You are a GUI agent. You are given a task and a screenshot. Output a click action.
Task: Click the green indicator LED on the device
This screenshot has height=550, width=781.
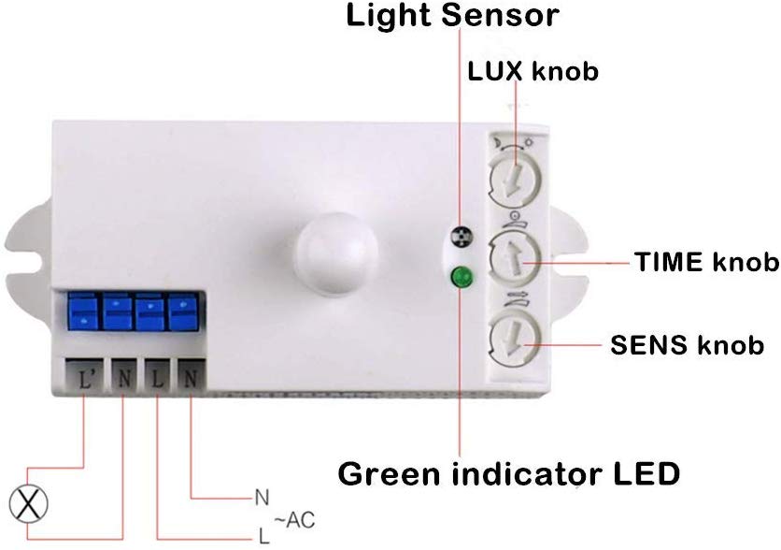[x=461, y=277]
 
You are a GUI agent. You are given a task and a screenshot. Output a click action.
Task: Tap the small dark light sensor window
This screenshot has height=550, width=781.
[x=461, y=237]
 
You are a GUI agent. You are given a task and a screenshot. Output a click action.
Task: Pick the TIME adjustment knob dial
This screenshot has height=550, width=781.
[x=515, y=258]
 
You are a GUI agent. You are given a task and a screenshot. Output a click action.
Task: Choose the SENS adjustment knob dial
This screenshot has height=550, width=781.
[x=515, y=341]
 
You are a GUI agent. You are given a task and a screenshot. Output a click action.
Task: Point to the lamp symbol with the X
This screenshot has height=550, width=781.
[x=28, y=503]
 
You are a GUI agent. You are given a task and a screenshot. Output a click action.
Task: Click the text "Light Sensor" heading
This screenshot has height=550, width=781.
[x=452, y=15]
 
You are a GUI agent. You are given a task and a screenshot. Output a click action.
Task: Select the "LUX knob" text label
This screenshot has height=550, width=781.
[x=532, y=71]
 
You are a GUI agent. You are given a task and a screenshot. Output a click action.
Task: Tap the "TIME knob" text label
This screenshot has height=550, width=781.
[x=707, y=262]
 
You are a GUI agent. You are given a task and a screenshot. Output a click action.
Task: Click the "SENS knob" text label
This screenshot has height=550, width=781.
[x=687, y=344]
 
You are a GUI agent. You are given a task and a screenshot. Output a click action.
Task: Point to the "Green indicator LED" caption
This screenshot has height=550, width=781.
[x=509, y=473]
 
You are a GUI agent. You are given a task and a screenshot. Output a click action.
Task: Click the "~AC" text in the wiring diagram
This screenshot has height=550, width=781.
[x=294, y=520]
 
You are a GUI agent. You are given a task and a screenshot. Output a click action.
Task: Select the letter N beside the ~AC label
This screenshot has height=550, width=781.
[x=262, y=498]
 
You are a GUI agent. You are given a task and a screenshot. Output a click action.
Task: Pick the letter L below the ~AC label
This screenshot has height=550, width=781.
[x=263, y=536]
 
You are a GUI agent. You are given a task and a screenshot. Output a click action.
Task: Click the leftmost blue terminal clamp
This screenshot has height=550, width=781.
[x=83, y=311]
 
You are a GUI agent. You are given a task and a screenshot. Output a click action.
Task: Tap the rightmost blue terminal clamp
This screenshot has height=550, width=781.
[x=183, y=311]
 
